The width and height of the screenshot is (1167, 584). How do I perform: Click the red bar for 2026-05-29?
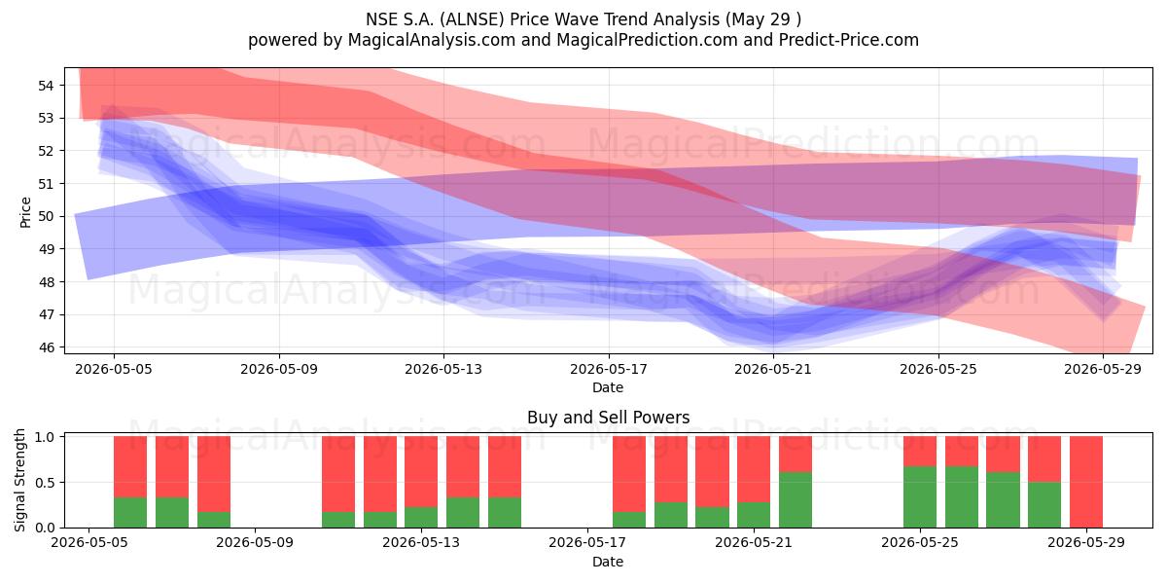1086,482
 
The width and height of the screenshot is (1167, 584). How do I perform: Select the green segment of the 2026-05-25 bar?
920,497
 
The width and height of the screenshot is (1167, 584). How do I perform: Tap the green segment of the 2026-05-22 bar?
796,499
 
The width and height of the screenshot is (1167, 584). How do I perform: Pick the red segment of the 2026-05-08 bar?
214,474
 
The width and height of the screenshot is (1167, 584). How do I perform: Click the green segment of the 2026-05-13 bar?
421,517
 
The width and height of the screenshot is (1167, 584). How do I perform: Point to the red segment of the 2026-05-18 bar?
629,474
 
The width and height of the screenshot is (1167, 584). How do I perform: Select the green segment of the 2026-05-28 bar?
1044,505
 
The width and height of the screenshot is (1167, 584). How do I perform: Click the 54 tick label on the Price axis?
46,86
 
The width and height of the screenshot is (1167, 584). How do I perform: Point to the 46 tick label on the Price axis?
46,347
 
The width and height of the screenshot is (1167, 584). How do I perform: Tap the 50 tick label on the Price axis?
46,216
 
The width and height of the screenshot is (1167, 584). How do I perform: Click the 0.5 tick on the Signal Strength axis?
45,483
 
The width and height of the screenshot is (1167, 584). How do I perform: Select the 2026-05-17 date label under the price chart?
609,369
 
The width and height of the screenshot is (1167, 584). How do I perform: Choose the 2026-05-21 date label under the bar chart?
754,543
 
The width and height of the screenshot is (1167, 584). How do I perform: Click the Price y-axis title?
25,212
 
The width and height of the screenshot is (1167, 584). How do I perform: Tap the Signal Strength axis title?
19,480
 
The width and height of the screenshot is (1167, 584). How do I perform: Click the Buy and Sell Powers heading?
609,418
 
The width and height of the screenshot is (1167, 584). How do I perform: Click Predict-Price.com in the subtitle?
849,40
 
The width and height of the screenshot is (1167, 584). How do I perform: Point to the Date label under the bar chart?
608,562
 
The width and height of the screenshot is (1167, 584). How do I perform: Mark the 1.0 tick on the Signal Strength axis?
45,437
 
